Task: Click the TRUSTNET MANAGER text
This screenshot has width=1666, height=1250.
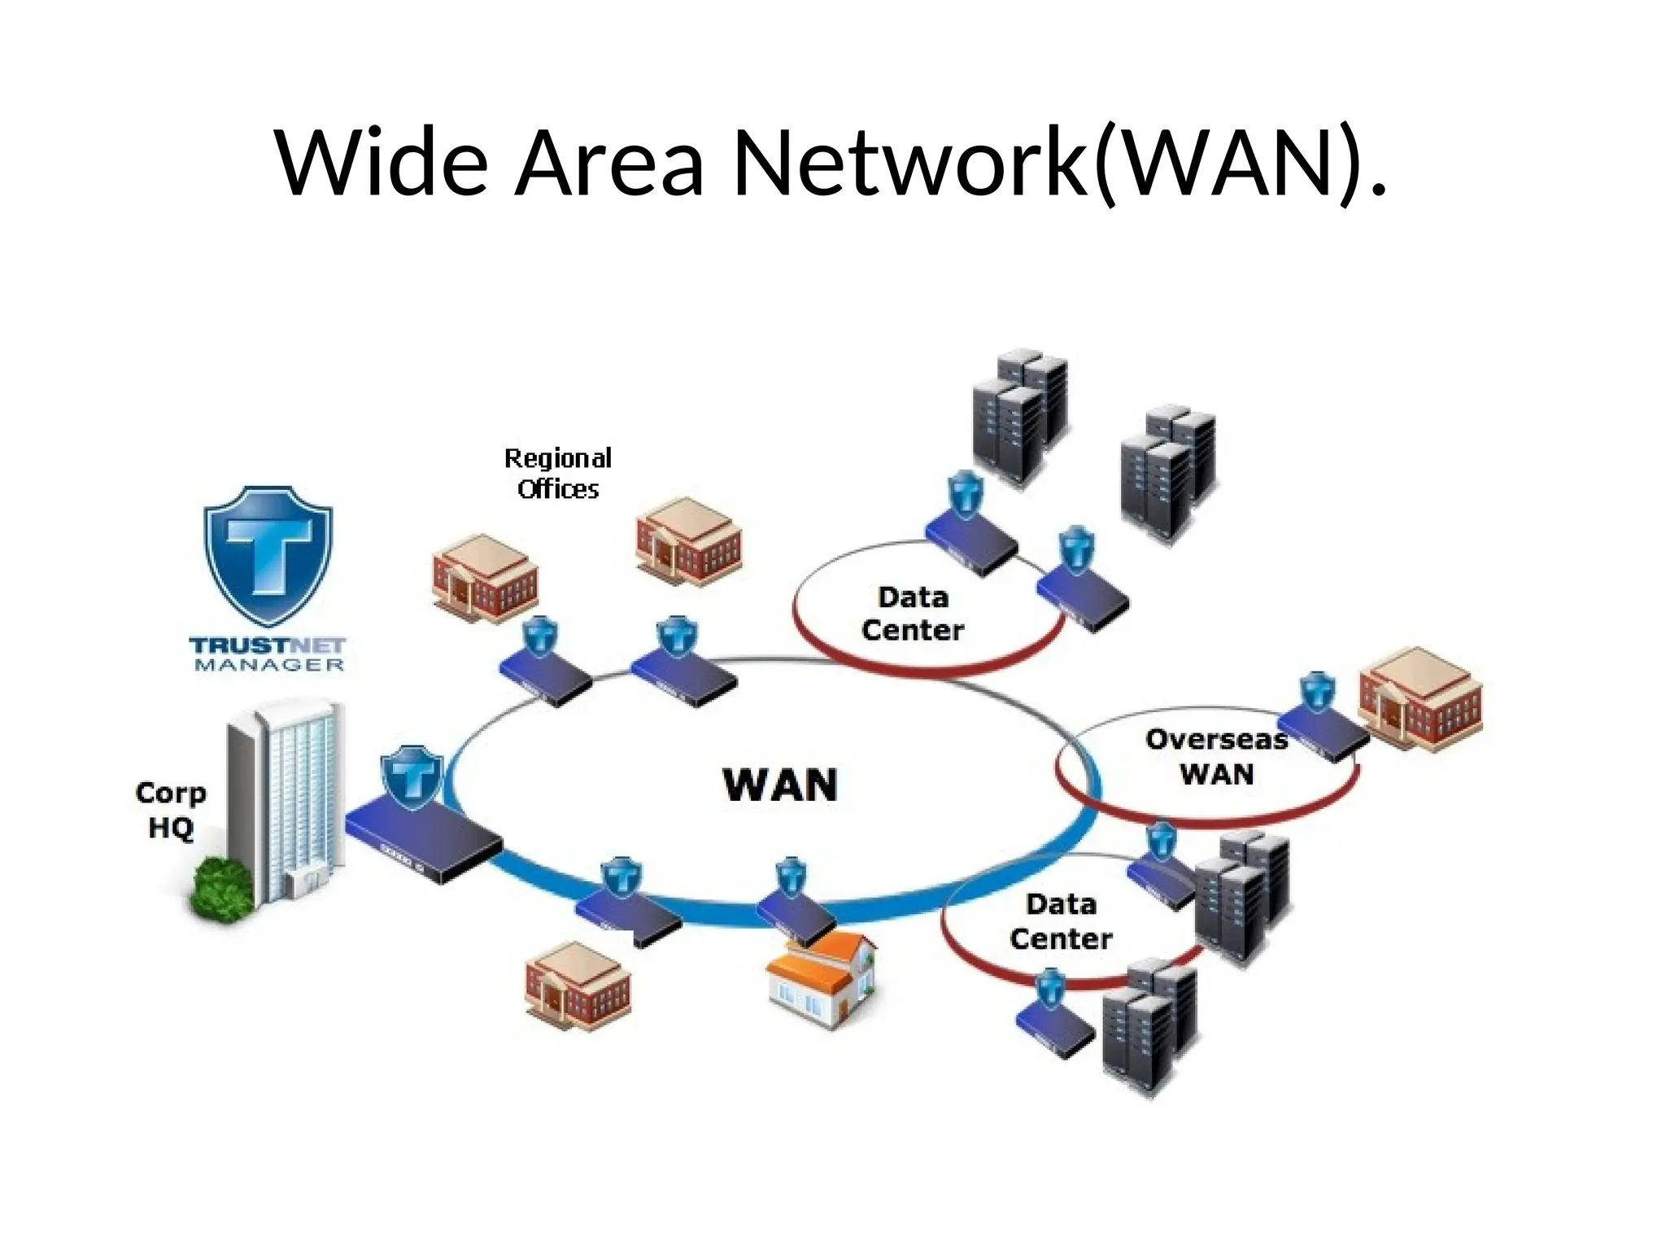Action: coord(268,654)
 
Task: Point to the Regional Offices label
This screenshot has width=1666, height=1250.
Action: coord(558,473)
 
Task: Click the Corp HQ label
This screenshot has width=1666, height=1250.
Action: coord(170,810)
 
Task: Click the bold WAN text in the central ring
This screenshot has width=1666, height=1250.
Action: coord(779,785)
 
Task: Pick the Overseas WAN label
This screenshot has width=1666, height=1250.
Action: coord(1216,757)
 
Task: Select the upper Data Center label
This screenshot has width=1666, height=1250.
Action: coord(913,614)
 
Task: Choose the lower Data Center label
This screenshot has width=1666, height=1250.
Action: coord(1061,921)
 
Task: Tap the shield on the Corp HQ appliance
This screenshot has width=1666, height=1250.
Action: coord(412,776)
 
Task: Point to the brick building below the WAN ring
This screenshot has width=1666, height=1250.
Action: coord(578,986)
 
